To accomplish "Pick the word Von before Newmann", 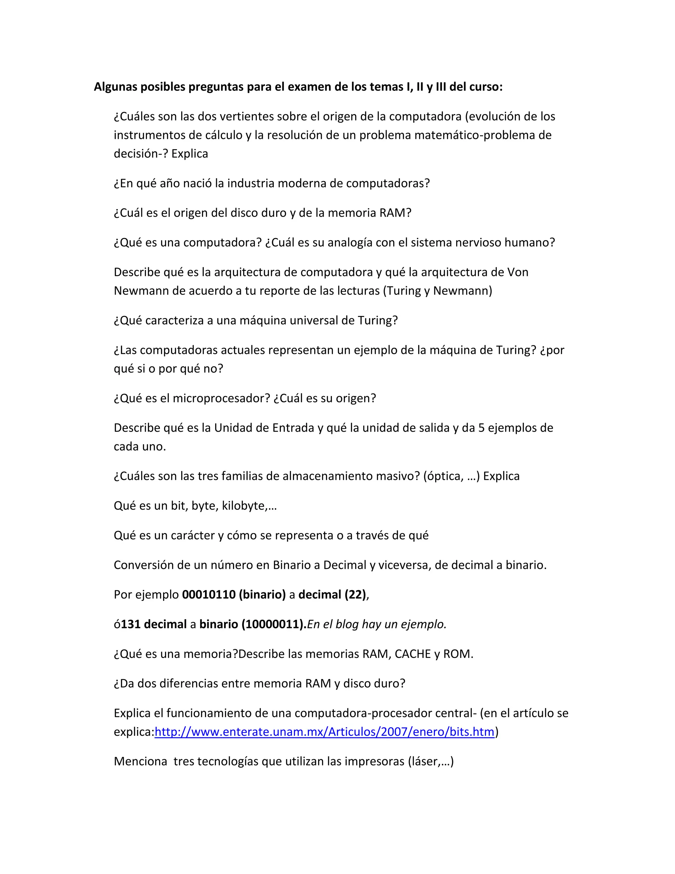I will (518, 272).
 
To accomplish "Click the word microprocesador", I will (221, 398).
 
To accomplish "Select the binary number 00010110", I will (209, 595).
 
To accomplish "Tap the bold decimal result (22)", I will (355, 595).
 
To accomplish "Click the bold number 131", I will (131, 624).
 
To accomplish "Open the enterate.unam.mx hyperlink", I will (324, 732).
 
